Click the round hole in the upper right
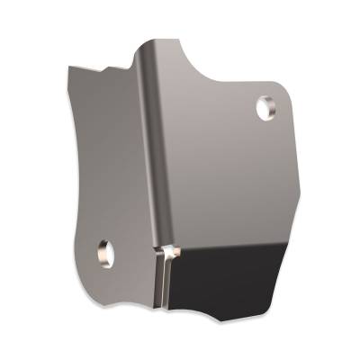click(x=267, y=108)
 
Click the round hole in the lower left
click(x=105, y=252)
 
